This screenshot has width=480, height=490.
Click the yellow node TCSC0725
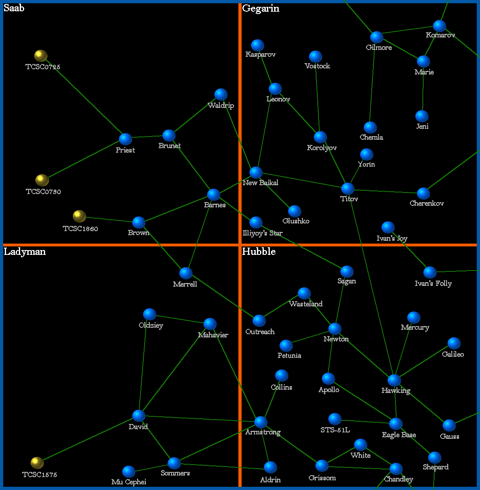point(41,56)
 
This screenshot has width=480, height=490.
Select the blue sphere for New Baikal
point(256,172)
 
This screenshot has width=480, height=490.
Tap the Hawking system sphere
point(394,380)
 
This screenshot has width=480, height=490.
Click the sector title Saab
point(14,8)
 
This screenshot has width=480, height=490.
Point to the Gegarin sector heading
point(261,8)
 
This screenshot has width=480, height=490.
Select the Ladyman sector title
point(25,252)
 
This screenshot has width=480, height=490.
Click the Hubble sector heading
point(259,252)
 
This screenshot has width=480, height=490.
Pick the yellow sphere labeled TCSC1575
point(37,463)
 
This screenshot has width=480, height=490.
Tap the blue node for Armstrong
point(261,422)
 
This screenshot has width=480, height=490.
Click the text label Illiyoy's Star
point(263,233)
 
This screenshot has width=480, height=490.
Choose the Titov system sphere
point(348,188)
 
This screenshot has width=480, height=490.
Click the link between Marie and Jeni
point(423,89)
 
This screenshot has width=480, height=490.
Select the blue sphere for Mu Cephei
point(128,471)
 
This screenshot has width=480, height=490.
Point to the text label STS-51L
point(335,430)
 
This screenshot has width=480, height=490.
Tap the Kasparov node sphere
point(257,45)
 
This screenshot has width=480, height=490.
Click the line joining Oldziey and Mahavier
point(180,319)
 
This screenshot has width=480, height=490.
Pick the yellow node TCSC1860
point(79,216)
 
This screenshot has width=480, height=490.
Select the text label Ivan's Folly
point(433,283)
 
